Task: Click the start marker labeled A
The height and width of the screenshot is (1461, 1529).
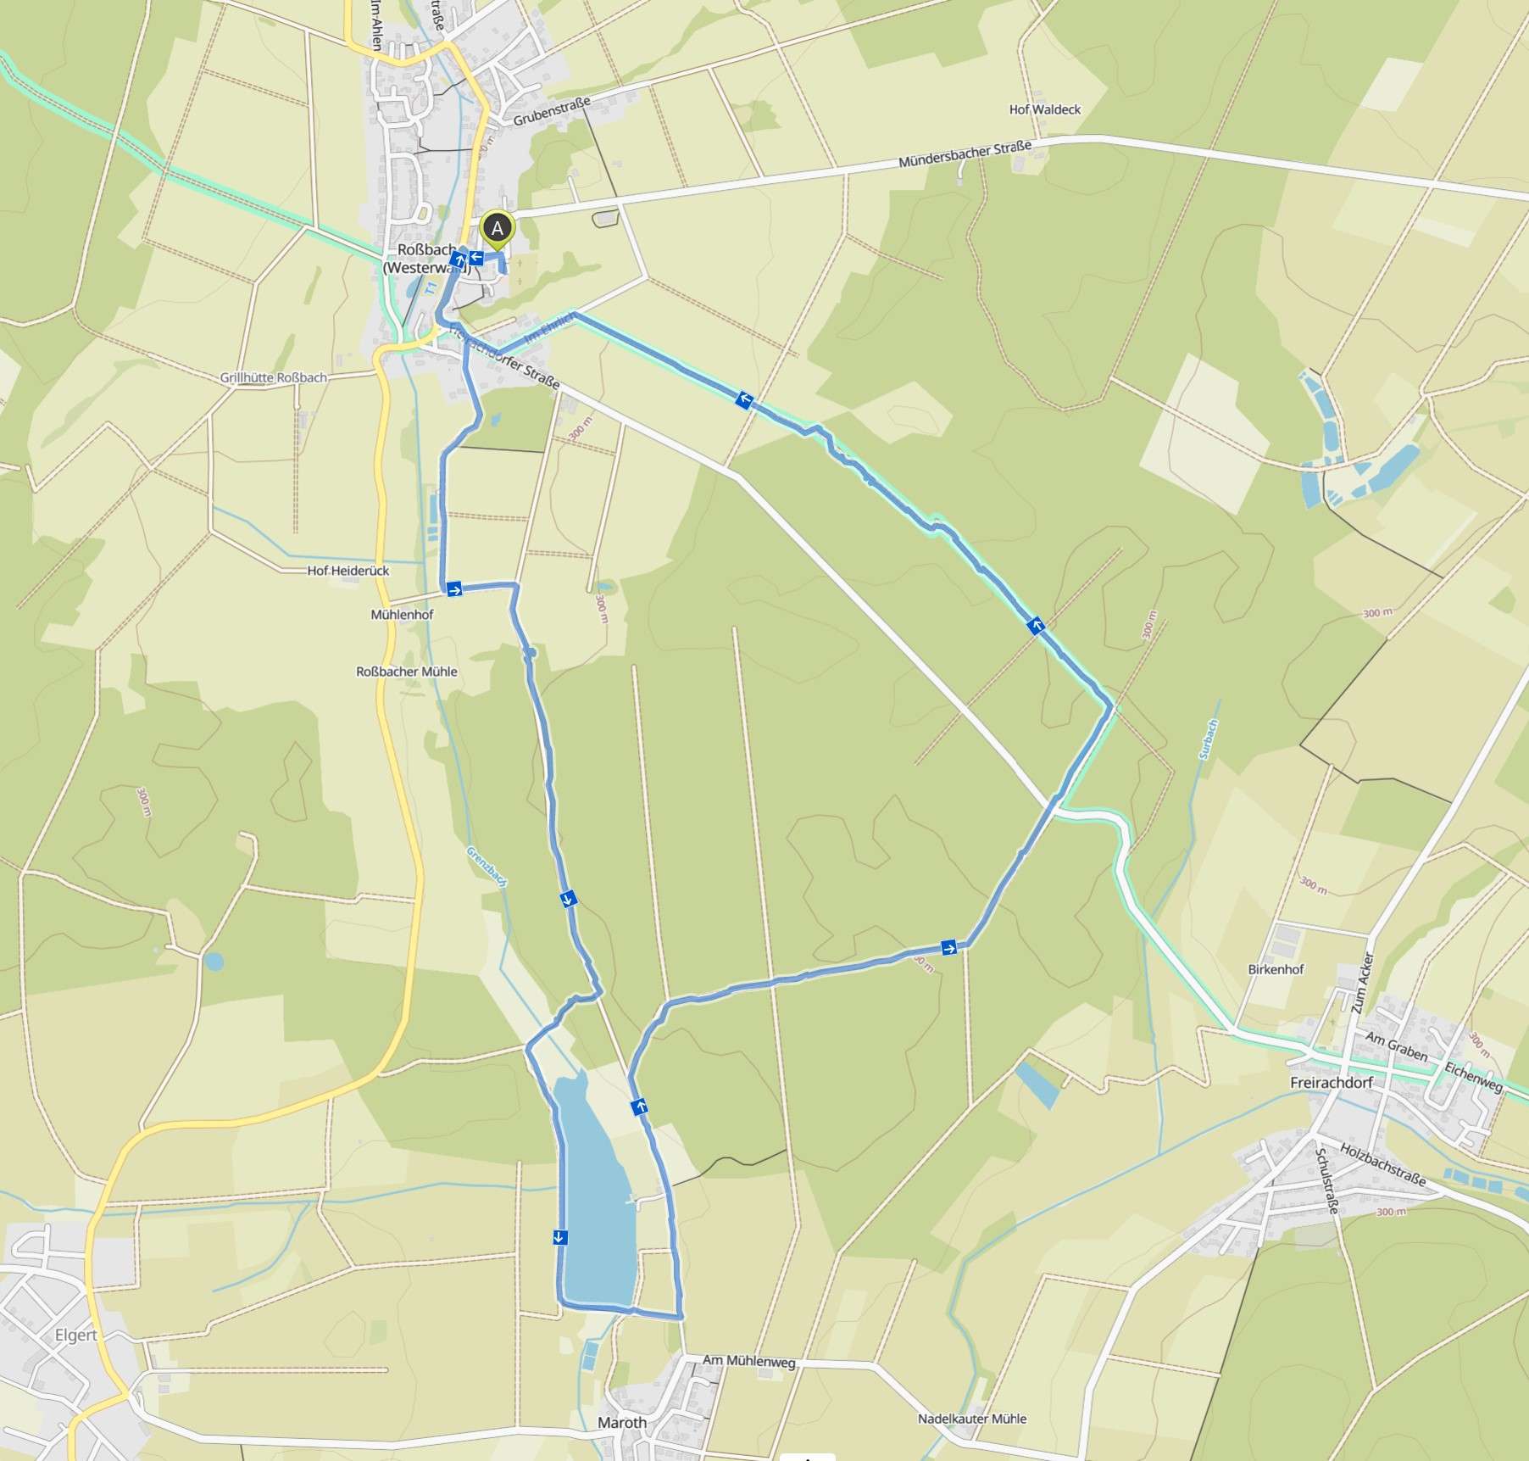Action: pyautogui.click(x=498, y=228)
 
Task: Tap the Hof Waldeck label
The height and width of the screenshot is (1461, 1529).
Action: pyautogui.click(x=1044, y=109)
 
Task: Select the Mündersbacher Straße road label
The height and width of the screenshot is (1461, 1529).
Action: pyautogui.click(x=965, y=154)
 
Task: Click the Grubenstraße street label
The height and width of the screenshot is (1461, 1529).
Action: pyautogui.click(x=551, y=112)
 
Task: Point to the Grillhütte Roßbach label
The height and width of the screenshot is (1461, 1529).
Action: pyautogui.click(x=273, y=377)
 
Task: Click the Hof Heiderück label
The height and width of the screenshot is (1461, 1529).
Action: pyautogui.click(x=347, y=571)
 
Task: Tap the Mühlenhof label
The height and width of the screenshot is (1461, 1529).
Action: pyautogui.click(x=402, y=614)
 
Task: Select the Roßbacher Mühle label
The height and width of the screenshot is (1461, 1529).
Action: pyautogui.click(x=406, y=672)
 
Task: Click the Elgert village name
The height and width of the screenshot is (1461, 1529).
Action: pyautogui.click(x=75, y=1335)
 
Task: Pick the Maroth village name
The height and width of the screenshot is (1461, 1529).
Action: pyautogui.click(x=621, y=1422)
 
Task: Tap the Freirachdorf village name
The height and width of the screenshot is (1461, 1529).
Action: pyautogui.click(x=1331, y=1083)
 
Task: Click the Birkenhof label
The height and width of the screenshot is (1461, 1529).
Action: pyautogui.click(x=1276, y=969)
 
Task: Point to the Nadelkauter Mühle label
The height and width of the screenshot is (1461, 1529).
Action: pyautogui.click(x=971, y=1419)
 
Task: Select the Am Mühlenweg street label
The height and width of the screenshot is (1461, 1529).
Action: pyautogui.click(x=748, y=1361)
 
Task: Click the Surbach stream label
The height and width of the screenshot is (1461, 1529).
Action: pyautogui.click(x=1209, y=739)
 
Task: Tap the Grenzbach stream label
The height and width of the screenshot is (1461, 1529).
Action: pyautogui.click(x=487, y=867)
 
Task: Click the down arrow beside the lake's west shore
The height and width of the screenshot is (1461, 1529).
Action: pyautogui.click(x=559, y=1237)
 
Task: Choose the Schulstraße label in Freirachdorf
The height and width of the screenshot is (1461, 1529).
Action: pyautogui.click(x=1326, y=1180)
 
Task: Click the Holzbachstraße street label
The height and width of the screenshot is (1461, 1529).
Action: pyautogui.click(x=1382, y=1163)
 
